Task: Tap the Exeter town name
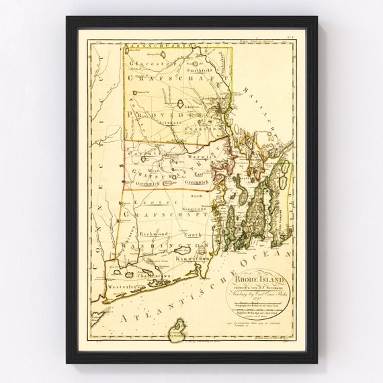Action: click(x=146, y=202)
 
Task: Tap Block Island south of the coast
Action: click(x=177, y=329)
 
